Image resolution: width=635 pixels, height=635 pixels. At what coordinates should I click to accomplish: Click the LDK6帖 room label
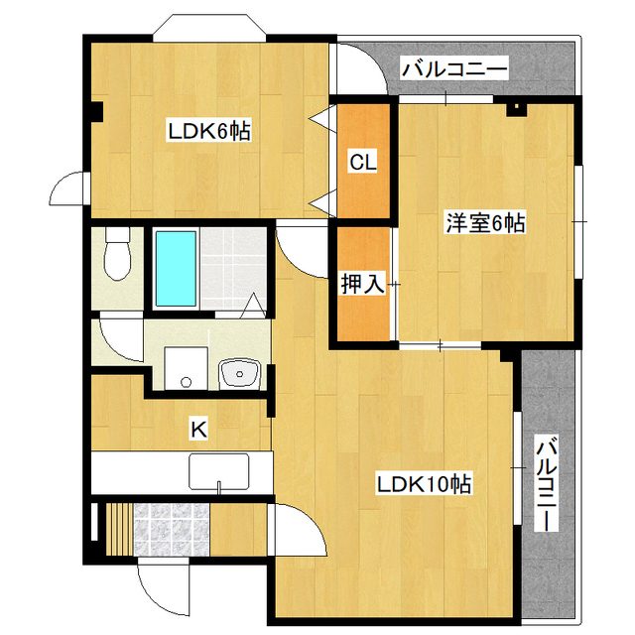click(209, 131)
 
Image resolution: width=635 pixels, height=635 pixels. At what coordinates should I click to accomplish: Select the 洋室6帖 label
click(485, 222)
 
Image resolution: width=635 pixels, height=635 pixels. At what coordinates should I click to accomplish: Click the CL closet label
click(363, 163)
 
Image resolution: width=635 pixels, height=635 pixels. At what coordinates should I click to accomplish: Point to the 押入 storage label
click(363, 284)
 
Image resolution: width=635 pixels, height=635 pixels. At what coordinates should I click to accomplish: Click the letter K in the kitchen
click(198, 430)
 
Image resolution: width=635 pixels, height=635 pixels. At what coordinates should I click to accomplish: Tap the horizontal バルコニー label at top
click(454, 69)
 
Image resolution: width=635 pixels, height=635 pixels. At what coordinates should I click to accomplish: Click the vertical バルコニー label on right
click(546, 483)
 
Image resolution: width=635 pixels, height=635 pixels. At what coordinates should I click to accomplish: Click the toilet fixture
click(117, 254)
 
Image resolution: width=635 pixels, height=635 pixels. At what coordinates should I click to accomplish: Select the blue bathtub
click(177, 269)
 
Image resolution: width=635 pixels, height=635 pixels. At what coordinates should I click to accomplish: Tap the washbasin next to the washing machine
click(240, 374)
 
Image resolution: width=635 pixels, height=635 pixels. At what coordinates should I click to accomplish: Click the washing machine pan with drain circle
click(187, 368)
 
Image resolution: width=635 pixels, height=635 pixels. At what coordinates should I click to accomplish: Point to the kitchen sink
click(219, 472)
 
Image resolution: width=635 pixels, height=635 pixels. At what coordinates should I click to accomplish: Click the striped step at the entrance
click(119, 530)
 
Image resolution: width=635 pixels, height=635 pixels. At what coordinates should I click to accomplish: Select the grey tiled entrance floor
click(172, 530)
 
